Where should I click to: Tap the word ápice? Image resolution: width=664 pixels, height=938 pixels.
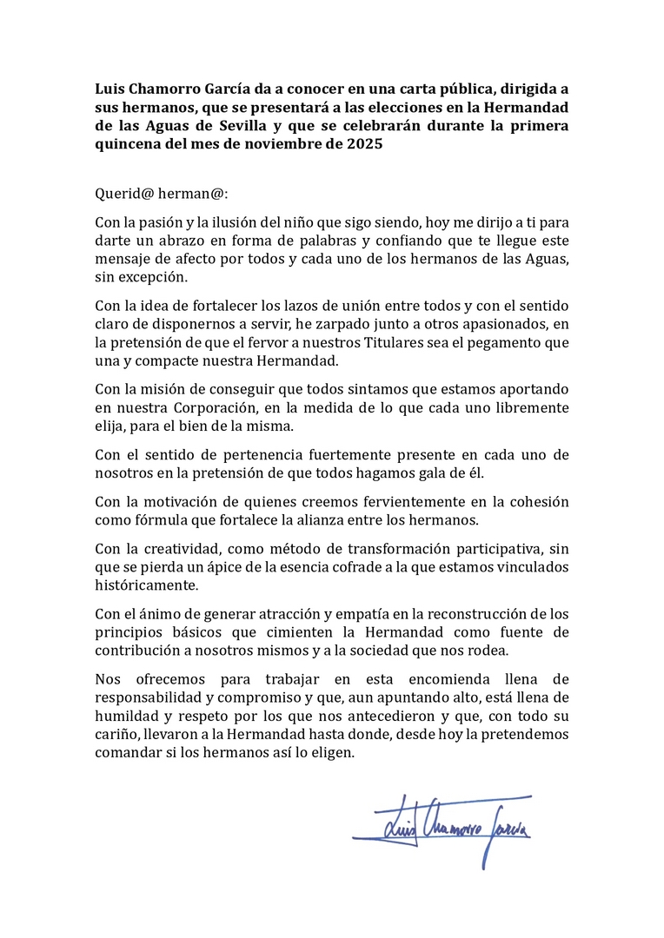222,567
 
